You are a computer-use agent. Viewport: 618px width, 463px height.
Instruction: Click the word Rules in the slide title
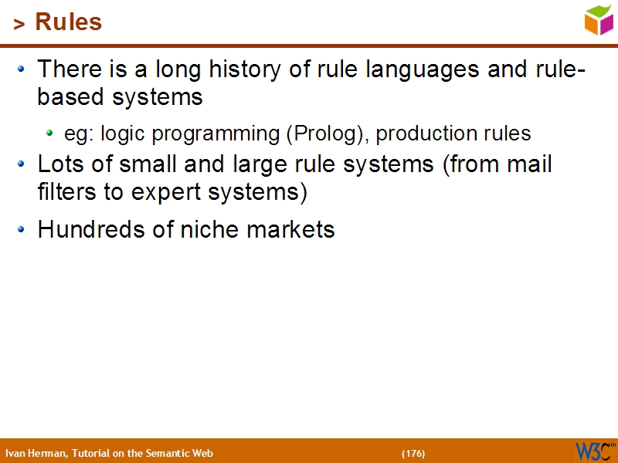click(x=69, y=22)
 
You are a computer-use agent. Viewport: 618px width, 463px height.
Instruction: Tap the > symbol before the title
click(x=19, y=25)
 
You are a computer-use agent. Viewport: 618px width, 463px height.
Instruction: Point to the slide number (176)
click(x=413, y=453)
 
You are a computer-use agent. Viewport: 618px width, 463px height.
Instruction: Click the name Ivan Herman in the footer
click(x=36, y=453)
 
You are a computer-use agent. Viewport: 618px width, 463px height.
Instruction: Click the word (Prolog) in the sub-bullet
click(x=328, y=133)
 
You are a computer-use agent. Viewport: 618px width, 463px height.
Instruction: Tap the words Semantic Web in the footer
click(x=185, y=453)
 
